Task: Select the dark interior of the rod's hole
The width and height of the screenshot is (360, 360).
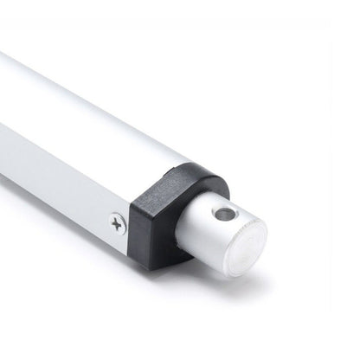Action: click(225, 212)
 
